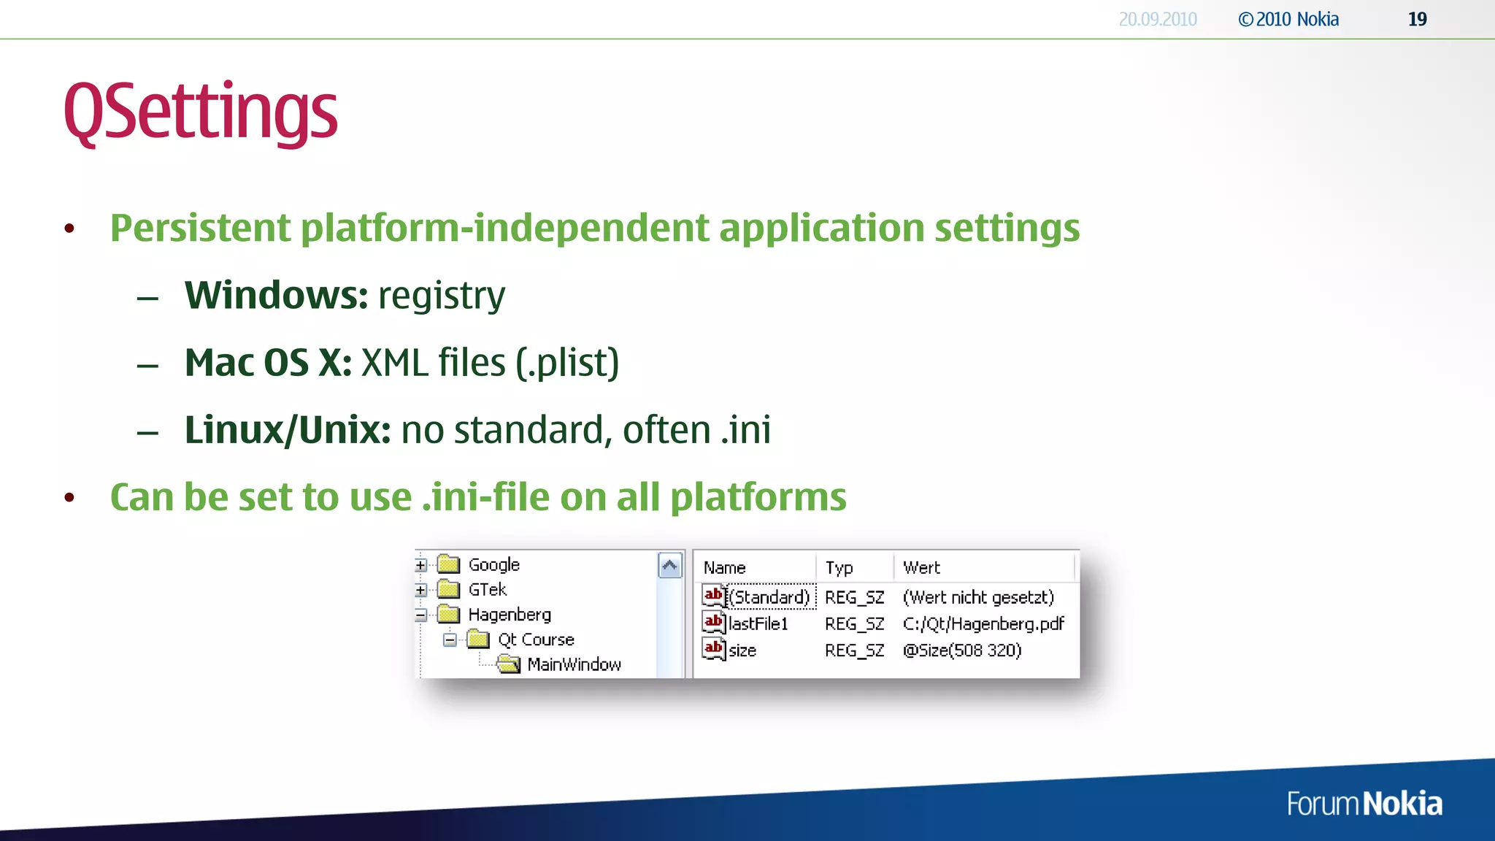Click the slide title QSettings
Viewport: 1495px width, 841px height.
[200, 112]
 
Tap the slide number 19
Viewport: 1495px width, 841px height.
[1417, 20]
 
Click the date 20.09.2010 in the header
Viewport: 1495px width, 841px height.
[1157, 20]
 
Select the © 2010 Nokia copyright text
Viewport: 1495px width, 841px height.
[1288, 20]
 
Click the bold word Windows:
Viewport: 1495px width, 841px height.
[276, 295]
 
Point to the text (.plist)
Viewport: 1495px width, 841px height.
[566, 363]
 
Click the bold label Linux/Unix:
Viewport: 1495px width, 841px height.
[288, 430]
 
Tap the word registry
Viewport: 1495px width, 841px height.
[441, 296]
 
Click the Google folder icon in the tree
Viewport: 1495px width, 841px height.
[448, 564]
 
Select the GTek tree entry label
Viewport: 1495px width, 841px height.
[487, 589]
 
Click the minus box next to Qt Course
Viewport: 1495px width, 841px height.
[450, 640]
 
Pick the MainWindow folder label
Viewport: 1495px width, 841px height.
[574, 664]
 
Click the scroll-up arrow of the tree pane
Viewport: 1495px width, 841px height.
[669, 566]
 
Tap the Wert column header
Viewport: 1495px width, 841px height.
[921, 567]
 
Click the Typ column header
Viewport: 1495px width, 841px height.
[839, 567]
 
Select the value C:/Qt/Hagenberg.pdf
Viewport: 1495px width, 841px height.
[983, 624]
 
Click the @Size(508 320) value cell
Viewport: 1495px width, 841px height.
[961, 650]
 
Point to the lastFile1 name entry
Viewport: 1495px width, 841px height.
[758, 624]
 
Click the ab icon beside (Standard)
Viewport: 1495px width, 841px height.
[713, 596]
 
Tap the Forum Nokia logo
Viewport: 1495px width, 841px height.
[1364, 804]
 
